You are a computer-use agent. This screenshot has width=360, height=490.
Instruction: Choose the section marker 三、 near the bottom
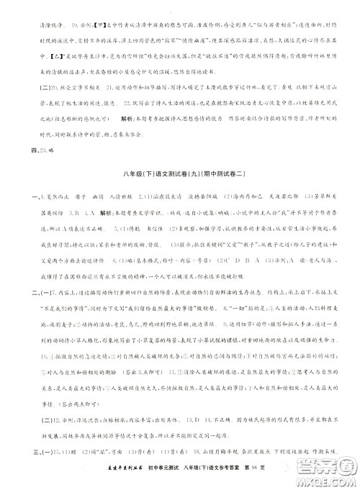15,450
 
